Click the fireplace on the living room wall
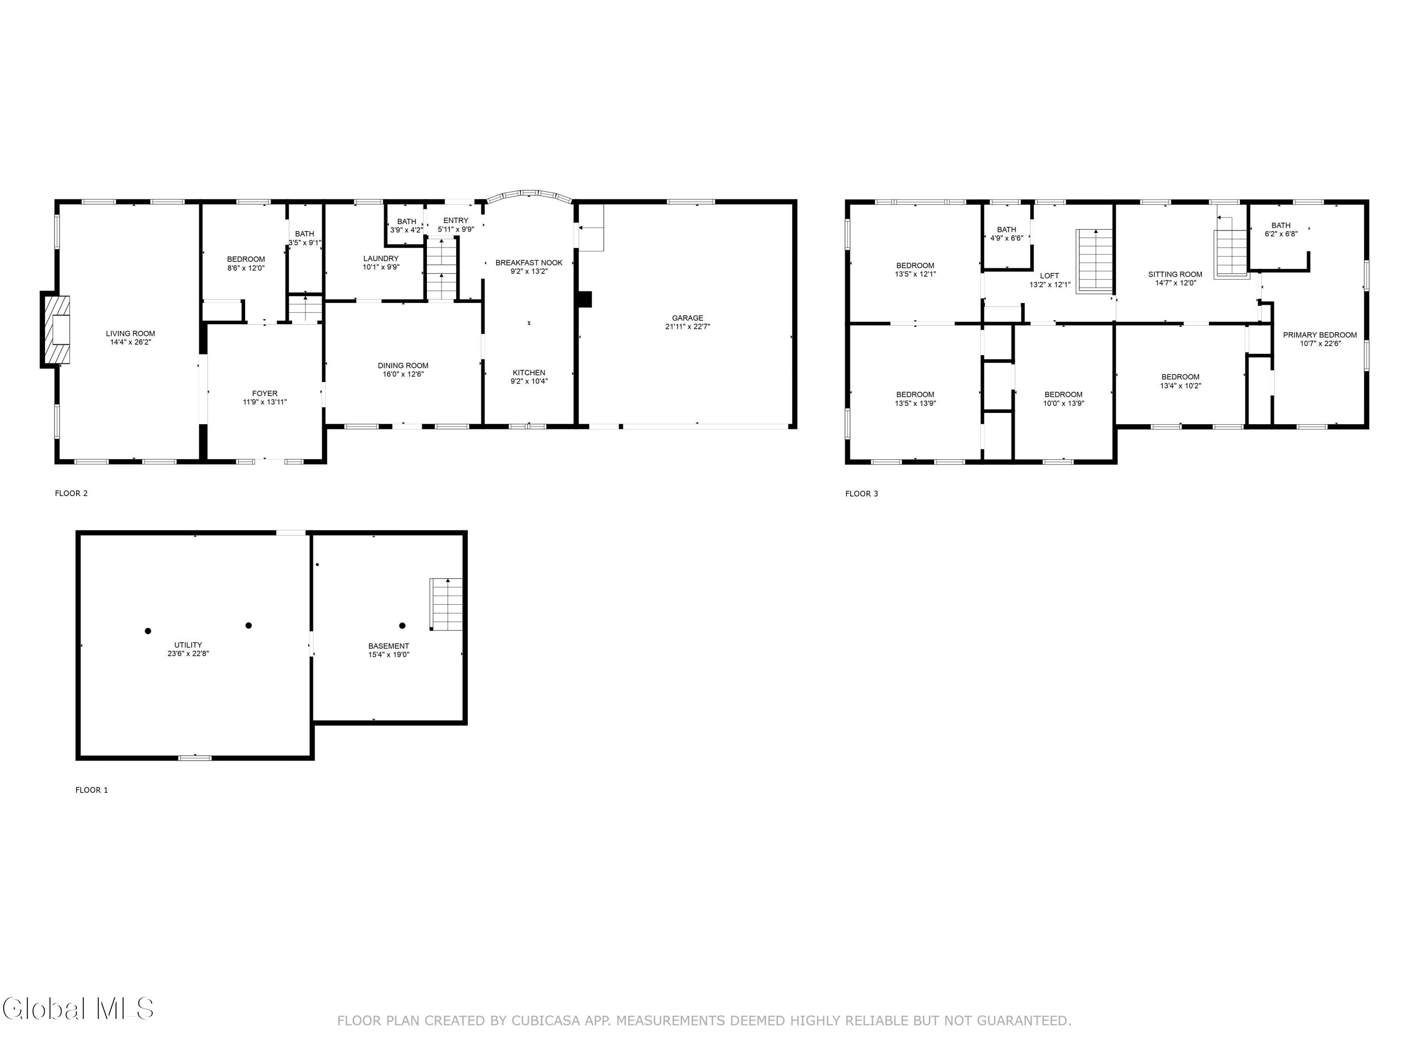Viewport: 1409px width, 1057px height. coord(55,329)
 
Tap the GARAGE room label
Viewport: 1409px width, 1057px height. coord(687,318)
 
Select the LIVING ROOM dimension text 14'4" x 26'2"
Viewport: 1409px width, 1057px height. coord(131,342)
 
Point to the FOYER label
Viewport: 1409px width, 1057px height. coord(264,394)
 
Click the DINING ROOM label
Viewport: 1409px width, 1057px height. coord(403,365)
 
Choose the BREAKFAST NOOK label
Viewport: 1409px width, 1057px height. coord(529,263)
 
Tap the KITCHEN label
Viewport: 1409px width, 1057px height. coord(529,373)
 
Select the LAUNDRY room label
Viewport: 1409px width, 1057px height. coord(381,259)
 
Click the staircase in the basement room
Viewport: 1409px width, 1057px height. coord(446,604)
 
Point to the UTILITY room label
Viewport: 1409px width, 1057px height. coord(188,645)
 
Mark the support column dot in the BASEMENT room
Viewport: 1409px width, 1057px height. coord(402,626)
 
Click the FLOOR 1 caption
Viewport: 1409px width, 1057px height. coord(92,790)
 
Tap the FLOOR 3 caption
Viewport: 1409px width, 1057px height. coord(861,494)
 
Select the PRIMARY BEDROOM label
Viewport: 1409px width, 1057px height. coord(1320,335)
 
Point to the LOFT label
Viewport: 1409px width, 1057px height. coord(1049,276)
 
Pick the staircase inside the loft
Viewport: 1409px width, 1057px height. coord(1094,261)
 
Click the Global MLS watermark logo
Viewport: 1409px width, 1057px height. coord(77,1009)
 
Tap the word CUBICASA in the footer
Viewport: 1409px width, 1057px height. coord(546,1021)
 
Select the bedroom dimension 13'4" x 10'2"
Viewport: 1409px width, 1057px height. coord(1180,386)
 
